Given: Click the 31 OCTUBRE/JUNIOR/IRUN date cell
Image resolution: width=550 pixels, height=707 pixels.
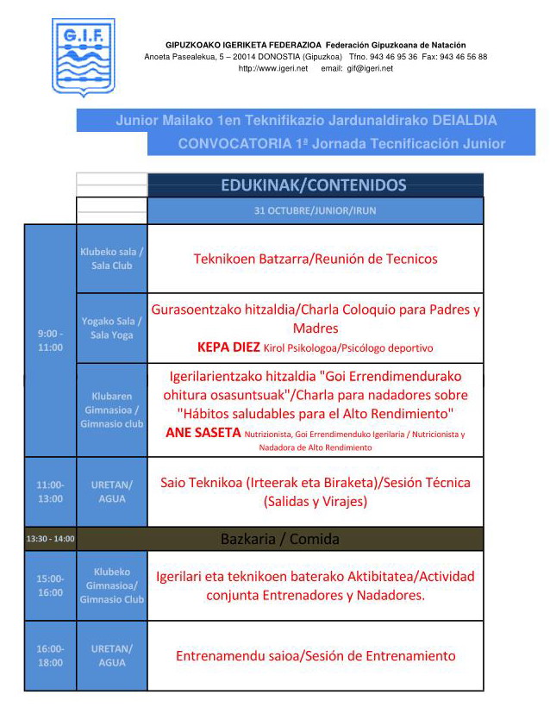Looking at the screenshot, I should click(315, 210).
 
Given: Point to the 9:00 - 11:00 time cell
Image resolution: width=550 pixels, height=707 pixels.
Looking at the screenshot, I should click(50, 341).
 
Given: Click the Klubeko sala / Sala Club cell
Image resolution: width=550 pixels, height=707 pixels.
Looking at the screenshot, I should click(112, 259).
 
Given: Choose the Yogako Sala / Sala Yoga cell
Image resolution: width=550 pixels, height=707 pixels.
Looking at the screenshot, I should click(112, 328).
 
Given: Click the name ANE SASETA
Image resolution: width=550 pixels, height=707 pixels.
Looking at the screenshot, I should click(203, 433).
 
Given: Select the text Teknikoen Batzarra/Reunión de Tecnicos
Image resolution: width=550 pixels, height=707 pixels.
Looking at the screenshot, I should click(316, 259).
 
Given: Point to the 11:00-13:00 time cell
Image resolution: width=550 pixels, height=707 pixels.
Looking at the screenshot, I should click(50, 491).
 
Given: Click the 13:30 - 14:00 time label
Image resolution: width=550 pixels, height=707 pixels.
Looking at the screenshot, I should click(50, 539).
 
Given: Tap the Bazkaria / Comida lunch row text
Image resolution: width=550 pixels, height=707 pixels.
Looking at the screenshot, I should click(279, 539).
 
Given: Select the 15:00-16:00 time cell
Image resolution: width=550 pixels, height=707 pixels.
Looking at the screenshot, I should click(50, 585).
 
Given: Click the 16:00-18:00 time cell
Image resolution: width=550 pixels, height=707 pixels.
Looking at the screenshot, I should click(50, 655).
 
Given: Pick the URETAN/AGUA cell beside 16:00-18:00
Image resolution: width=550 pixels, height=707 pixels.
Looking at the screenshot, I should click(112, 655).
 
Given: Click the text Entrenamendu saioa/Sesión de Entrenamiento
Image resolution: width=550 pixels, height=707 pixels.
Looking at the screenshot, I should click(316, 656).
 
